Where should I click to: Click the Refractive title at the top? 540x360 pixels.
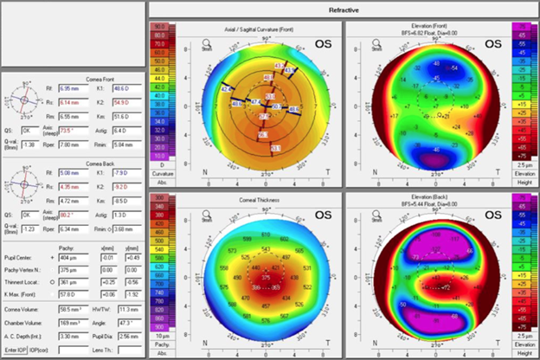344,9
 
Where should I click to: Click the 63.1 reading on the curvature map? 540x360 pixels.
275,149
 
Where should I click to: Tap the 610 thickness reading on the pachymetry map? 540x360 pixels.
267,235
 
